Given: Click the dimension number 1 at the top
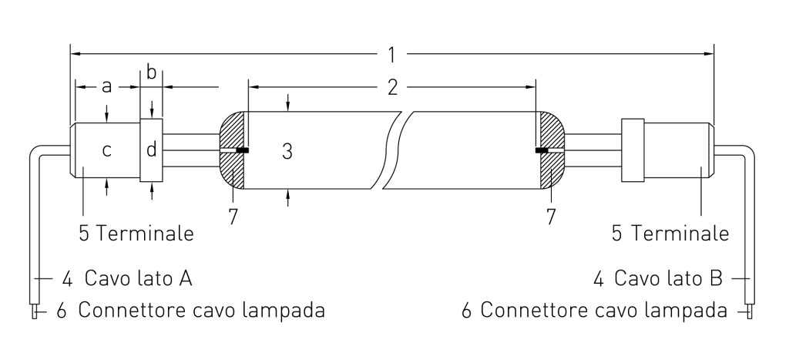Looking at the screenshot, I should [x=392, y=55].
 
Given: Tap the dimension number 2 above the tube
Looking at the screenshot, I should [x=392, y=87].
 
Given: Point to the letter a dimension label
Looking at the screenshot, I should [x=107, y=86].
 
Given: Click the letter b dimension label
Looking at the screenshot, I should [x=152, y=73].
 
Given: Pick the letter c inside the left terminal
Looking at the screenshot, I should [x=106, y=150].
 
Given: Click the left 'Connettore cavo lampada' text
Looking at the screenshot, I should [x=200, y=311].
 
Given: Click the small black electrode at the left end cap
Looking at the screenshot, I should [x=242, y=150].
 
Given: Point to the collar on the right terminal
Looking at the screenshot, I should [x=632, y=150].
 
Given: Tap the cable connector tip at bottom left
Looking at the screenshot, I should [x=34, y=311].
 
